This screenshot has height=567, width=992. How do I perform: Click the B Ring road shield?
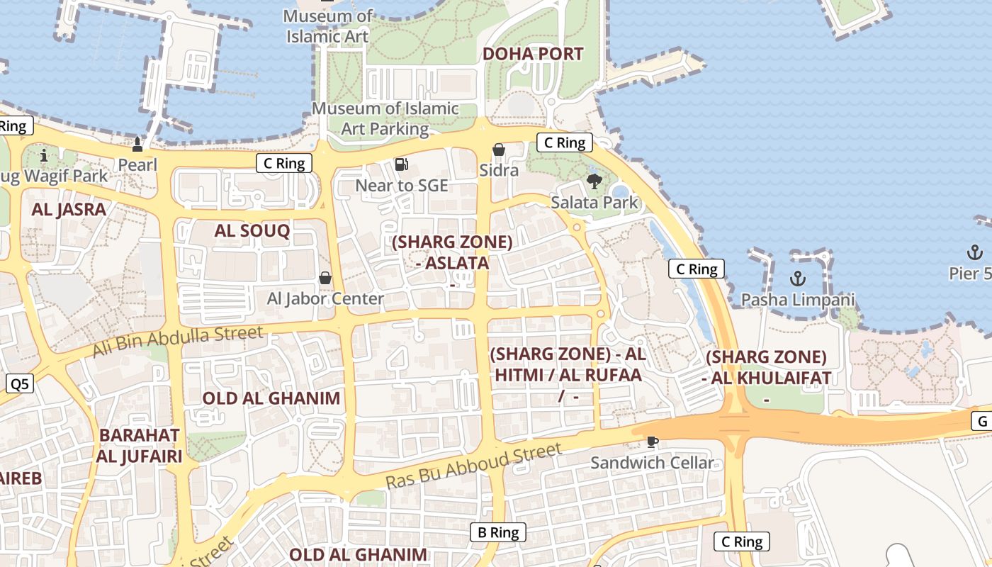click(498, 532)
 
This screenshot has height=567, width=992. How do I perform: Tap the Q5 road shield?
click(20, 384)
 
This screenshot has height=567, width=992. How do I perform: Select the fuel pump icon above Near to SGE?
click(402, 164)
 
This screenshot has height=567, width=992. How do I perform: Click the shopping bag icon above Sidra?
click(499, 150)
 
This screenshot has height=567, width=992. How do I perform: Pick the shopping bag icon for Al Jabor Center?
click(325, 277)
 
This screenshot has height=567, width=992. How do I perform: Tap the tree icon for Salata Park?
click(594, 181)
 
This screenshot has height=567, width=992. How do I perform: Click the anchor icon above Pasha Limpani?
click(798, 278)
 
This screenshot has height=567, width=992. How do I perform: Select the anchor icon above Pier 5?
click(975, 252)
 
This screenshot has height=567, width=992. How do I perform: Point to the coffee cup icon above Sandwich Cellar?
click(652, 442)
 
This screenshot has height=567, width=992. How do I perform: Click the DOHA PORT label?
click(533, 54)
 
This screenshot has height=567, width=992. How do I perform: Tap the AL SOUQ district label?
click(252, 230)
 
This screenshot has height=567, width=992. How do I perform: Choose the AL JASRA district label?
click(69, 209)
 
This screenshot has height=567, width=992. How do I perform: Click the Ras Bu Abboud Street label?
click(473, 466)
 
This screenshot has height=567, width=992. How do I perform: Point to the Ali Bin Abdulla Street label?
click(178, 342)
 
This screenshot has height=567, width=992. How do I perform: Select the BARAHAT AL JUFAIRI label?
click(140, 445)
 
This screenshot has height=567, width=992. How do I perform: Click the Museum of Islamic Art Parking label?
click(385, 118)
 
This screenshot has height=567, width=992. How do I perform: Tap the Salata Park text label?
click(594, 203)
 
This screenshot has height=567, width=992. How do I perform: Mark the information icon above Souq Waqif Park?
click(44, 155)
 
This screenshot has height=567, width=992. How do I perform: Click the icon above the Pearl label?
click(137, 145)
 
